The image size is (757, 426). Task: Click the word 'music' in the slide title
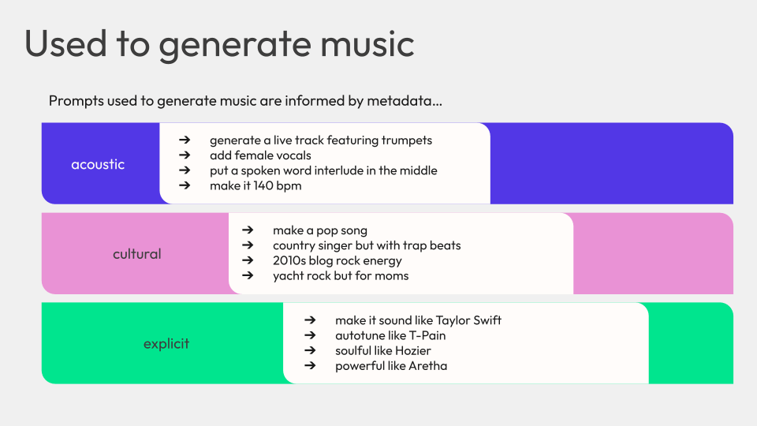point(367,44)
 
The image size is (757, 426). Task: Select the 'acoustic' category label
point(98,164)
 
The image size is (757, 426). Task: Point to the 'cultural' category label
point(137,253)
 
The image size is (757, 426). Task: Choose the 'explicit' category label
point(166,344)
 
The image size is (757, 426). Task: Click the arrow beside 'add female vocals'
point(185,155)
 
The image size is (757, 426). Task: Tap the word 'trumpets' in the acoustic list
point(407,140)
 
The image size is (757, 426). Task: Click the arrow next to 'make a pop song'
point(248,230)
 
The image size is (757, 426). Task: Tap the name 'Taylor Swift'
point(468,320)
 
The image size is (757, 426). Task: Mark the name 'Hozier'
point(414,350)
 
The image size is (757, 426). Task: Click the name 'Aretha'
point(427,365)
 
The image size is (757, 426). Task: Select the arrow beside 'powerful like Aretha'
point(310,365)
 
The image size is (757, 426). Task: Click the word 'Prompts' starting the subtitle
point(76,101)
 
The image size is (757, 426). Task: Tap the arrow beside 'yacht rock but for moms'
point(248,275)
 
